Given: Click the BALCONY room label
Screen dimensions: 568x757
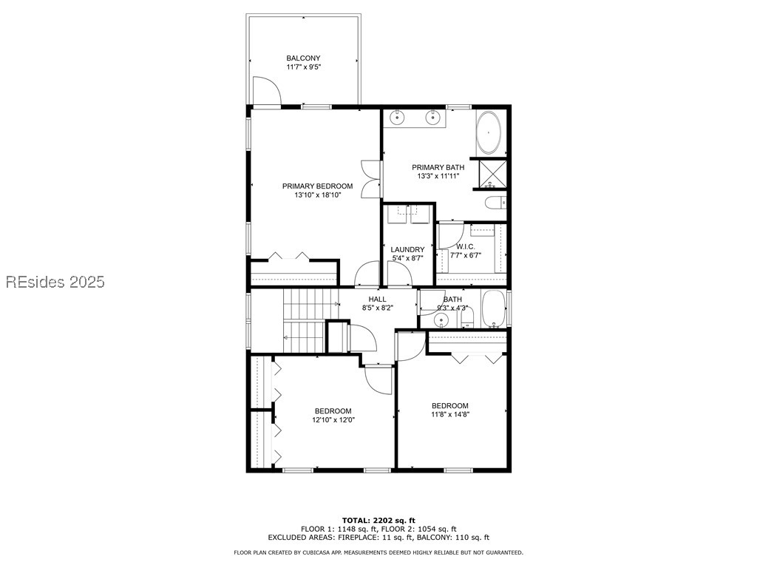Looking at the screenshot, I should coord(303,58).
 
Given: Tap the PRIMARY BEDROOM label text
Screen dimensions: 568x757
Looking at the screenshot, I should coord(317,186).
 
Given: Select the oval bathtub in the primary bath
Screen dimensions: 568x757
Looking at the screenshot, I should coord(489,134).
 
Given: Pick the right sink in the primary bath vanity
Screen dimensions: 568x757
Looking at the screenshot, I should coord(432,117).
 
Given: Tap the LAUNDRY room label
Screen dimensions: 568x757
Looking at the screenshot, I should coord(407,250).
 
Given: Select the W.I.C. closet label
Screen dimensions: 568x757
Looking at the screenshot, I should coord(465,247).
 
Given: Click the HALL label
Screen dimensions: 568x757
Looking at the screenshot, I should coord(377,299).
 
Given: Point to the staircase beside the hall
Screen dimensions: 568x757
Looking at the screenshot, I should coord(304,320).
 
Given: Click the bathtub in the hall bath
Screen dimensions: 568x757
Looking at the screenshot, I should coord(493,309).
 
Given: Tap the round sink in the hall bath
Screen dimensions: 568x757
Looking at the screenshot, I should coord(441,320).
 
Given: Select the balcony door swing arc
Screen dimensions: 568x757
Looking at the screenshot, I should coord(267,91).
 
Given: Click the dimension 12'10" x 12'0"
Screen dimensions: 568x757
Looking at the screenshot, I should coord(333,420).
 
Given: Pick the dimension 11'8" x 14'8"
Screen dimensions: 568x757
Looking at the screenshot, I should coord(450,415).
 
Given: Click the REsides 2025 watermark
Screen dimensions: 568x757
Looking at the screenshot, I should coord(55,282).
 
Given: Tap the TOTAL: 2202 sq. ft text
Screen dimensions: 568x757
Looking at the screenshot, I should coord(378,520).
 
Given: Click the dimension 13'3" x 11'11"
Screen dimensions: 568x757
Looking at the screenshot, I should coord(438,177).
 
